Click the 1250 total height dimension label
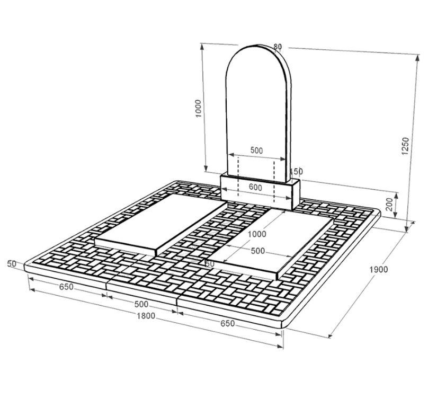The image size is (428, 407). pyautogui.click(x=405, y=146)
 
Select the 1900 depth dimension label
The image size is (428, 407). pyautogui.click(x=378, y=270)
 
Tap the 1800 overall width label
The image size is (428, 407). pyautogui.click(x=146, y=316)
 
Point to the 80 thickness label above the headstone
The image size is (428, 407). pyautogui.click(x=278, y=47)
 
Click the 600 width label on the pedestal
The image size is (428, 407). pyautogui.click(x=255, y=188)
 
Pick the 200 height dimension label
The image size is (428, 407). pyautogui.click(x=389, y=205)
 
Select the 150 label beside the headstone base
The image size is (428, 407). pyautogui.click(x=297, y=172)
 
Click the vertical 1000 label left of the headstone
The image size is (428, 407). pyautogui.click(x=199, y=109)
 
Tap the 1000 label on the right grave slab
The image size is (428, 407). pyautogui.click(x=256, y=234)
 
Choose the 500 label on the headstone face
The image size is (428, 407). pyautogui.click(x=256, y=150)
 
